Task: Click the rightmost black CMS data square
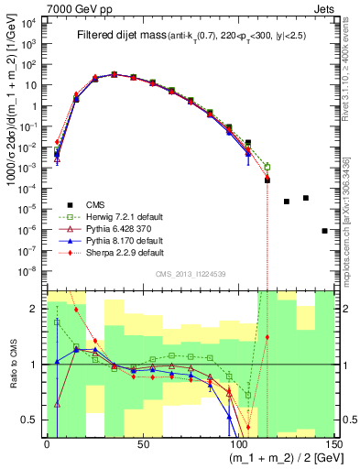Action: [x=325, y=231]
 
